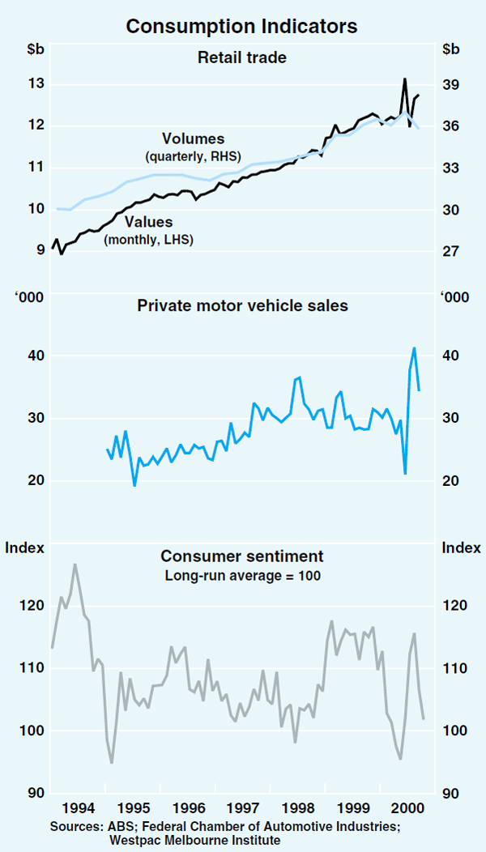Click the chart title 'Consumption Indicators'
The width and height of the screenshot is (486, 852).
(242, 26)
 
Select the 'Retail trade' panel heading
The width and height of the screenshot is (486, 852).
(242, 57)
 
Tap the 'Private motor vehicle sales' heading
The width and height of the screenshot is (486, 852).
(242, 305)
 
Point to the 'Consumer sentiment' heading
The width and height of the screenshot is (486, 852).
(242, 556)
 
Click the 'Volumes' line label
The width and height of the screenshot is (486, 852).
(193, 139)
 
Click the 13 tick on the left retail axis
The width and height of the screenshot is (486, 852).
(34, 84)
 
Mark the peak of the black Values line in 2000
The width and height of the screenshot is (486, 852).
(404, 79)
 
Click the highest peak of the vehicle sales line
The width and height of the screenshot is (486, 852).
(414, 348)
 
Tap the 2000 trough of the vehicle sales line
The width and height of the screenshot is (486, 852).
(404, 473)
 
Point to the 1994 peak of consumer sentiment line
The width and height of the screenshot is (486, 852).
(75, 564)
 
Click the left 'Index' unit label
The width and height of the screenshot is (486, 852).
(24, 548)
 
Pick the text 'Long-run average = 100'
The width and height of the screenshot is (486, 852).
(242, 576)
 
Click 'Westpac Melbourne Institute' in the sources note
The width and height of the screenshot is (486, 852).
(195, 840)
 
